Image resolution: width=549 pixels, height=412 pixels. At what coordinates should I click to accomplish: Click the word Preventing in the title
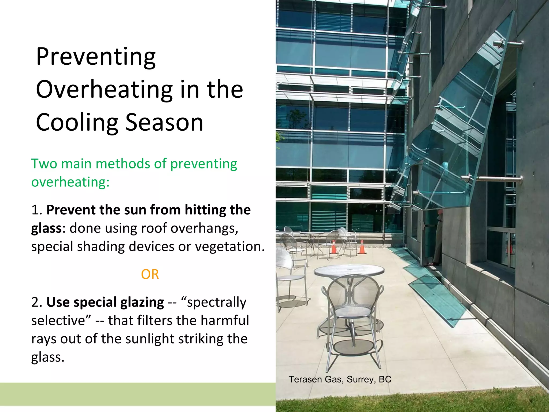[96, 57]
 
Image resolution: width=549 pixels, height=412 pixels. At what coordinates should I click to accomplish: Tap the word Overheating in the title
[105, 90]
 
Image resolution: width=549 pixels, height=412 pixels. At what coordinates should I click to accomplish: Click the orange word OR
[150, 274]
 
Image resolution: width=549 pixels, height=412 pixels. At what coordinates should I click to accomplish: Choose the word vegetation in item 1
[230, 247]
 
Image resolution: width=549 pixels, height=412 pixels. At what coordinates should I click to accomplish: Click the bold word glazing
[142, 303]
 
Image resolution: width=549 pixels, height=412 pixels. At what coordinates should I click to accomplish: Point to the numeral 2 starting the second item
[35, 303]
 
